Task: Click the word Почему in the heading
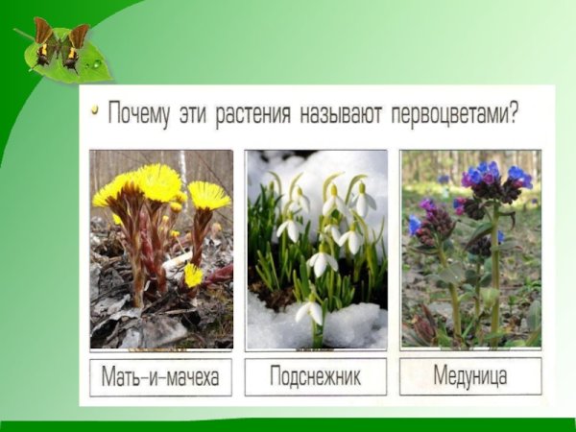[x=138, y=114]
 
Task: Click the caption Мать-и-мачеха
[x=160, y=376]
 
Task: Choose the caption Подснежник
[x=316, y=376]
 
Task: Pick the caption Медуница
[x=470, y=376]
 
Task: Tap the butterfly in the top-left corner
[x=60, y=42]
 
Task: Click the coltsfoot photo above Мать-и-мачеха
[x=161, y=249]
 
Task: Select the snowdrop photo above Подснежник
[x=316, y=249]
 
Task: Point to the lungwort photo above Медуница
[x=470, y=249]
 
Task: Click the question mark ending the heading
[x=515, y=114]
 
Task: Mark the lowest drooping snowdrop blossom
[x=308, y=312]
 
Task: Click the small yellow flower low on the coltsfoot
[x=193, y=276]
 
